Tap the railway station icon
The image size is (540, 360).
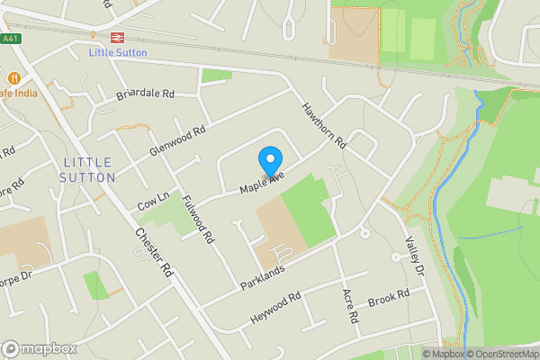pos(117,38)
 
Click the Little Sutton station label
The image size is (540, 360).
pos(118,52)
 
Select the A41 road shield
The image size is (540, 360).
pos(10,39)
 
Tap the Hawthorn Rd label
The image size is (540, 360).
pos(325,125)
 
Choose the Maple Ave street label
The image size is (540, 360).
pos(262,182)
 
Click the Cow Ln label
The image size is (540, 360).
pos(152,203)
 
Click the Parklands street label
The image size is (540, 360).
pos(262,277)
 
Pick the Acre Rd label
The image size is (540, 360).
pos(351,307)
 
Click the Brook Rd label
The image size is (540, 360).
pos(388,296)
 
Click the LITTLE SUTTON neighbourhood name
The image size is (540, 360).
pos(89,169)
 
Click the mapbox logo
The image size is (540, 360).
pos(39,348)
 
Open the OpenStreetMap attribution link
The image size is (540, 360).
pos(499,353)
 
